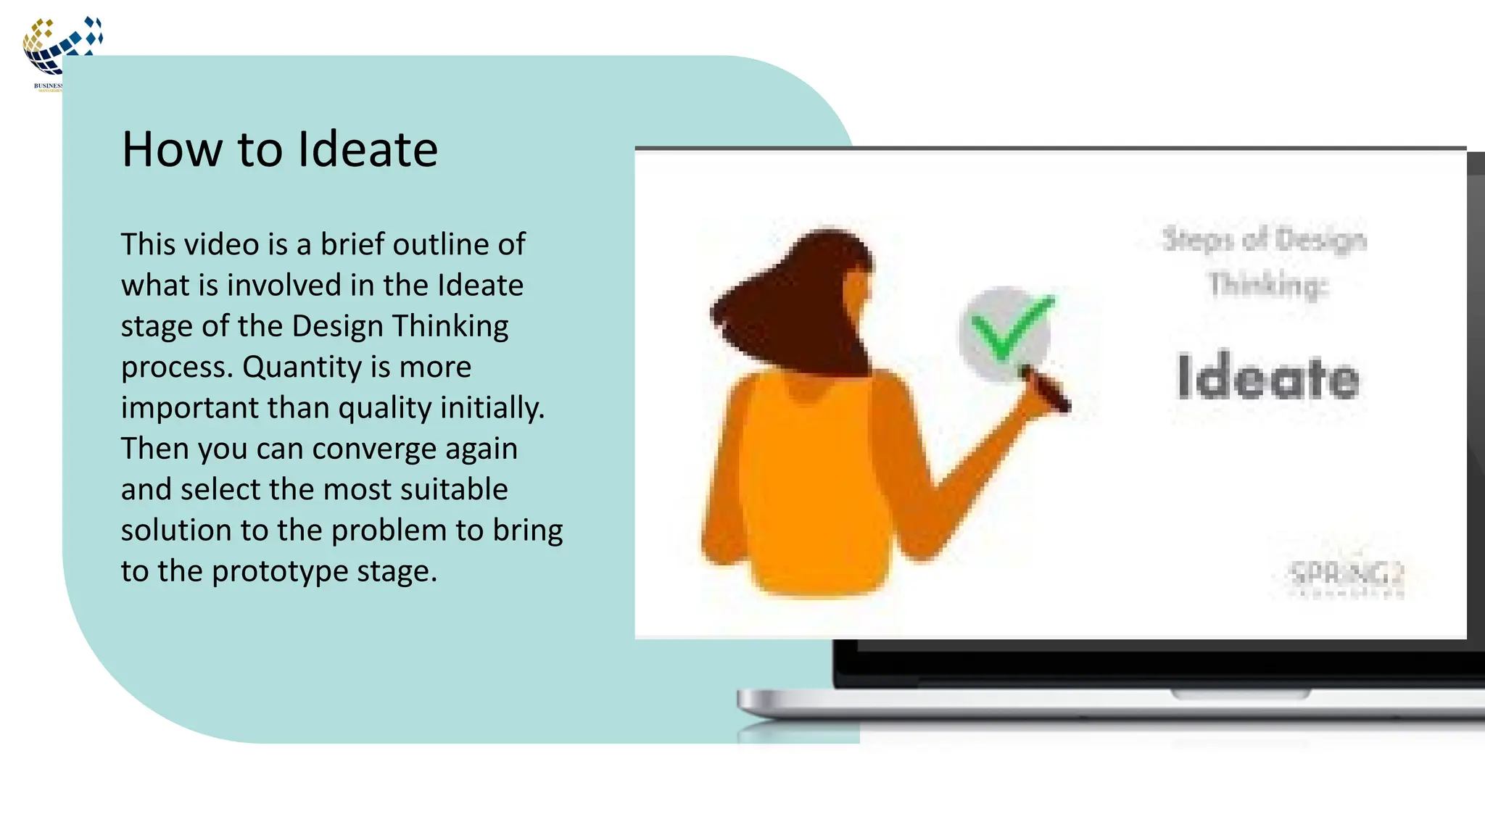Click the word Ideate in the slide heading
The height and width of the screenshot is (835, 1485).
(x=368, y=149)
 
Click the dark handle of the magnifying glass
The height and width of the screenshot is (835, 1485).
(x=1047, y=391)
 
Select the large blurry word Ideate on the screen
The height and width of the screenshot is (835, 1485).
(x=1267, y=377)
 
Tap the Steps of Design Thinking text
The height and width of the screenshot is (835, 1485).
(x=1265, y=261)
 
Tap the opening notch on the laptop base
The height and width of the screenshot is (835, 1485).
(x=1241, y=694)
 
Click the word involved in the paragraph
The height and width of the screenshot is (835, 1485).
(x=284, y=286)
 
